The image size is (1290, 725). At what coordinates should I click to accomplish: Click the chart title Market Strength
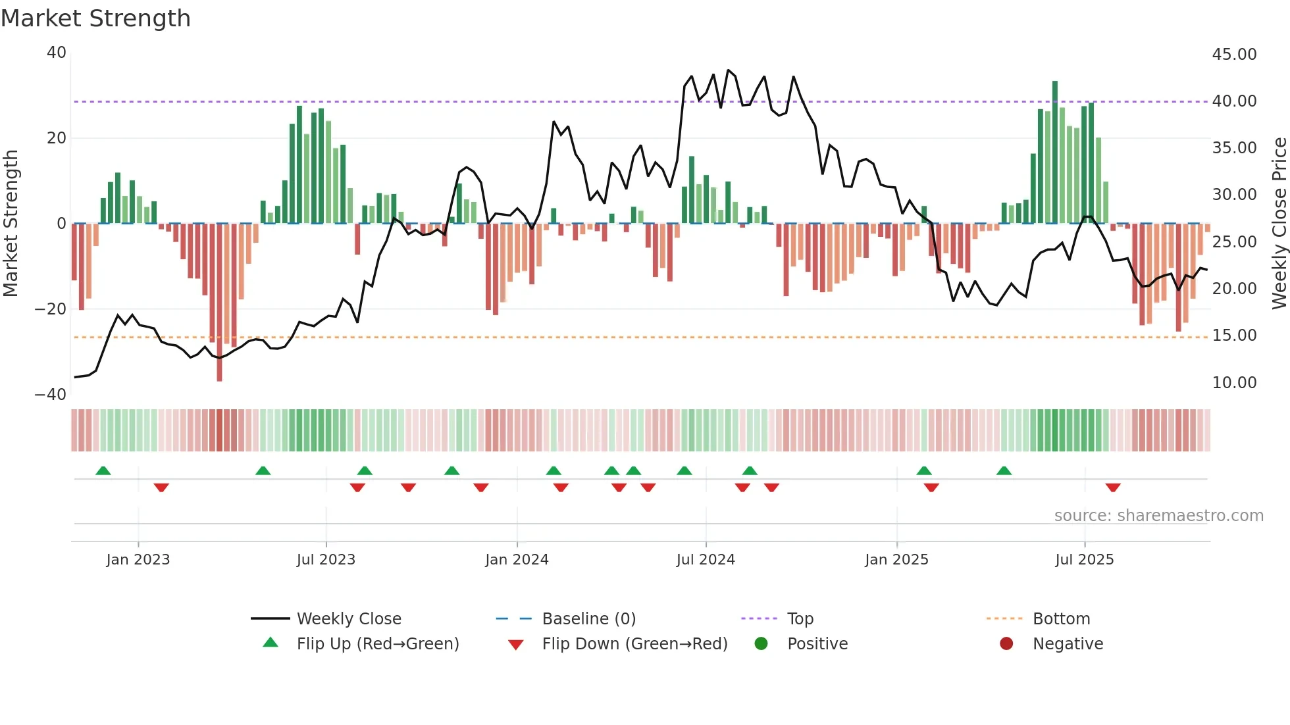tap(96, 18)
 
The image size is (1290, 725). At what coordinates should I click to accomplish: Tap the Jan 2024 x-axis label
tap(517, 560)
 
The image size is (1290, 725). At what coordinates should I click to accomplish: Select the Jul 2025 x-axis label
tap(1084, 560)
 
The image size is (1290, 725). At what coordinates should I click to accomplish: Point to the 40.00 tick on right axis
tap(1234, 101)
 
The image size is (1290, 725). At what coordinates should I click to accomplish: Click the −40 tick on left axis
tap(51, 395)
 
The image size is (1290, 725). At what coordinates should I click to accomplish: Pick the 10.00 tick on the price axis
tap(1234, 383)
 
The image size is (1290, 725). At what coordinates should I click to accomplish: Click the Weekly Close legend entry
tap(348, 619)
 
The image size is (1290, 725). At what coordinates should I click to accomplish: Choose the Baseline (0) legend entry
tap(588, 619)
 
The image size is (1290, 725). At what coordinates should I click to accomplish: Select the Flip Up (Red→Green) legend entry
tap(377, 644)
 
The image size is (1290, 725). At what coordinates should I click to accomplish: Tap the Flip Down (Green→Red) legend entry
tap(634, 644)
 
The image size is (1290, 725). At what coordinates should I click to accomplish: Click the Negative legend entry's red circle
tap(1006, 644)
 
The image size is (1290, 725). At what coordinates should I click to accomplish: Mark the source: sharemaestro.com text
tap(1158, 516)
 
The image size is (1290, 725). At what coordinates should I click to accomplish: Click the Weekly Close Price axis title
tap(1279, 224)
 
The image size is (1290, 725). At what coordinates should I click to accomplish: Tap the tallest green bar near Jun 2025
tap(1055, 151)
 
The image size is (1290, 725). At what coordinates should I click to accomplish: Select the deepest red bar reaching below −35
tap(219, 303)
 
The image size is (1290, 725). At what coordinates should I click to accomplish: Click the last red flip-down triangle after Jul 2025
tap(1113, 488)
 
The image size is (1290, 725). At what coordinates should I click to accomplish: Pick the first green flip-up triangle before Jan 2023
tap(103, 470)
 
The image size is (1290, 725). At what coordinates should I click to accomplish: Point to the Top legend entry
tap(800, 619)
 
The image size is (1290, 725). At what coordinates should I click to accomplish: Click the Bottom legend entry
tap(1061, 619)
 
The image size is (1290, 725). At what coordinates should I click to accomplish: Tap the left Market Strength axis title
tap(11, 224)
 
